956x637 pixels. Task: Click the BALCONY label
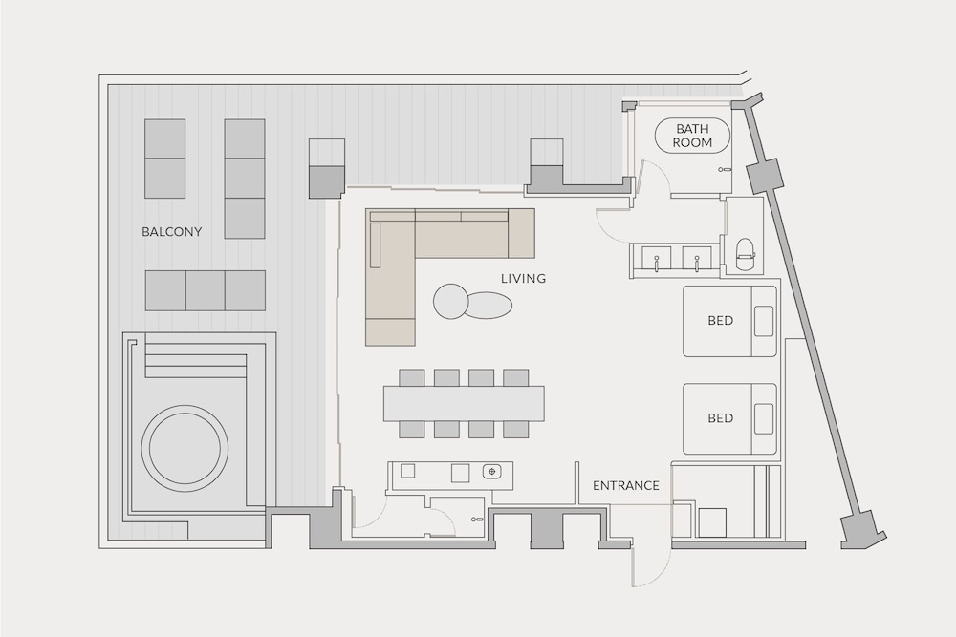click(x=171, y=232)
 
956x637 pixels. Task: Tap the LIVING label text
click(x=523, y=279)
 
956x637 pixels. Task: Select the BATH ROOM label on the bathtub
click(x=692, y=136)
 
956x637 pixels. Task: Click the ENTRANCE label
click(x=626, y=486)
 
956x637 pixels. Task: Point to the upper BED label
click(x=720, y=321)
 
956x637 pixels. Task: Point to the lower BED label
click(x=720, y=418)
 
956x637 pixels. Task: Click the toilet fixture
click(x=746, y=254)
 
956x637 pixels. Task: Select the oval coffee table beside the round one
click(x=489, y=305)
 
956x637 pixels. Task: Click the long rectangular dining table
click(x=464, y=403)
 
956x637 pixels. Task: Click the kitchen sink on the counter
click(x=491, y=472)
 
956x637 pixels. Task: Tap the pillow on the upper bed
click(x=764, y=321)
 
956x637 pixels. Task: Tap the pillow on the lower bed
click(x=764, y=418)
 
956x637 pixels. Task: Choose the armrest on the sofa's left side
click(x=375, y=244)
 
